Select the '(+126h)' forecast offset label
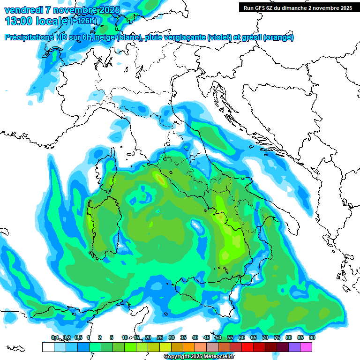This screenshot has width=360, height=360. tap(84, 21)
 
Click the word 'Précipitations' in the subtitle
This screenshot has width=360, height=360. tap(32, 37)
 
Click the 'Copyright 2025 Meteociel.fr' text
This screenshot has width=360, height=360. tap(199, 357)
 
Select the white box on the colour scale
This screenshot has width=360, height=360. tap(48, 347)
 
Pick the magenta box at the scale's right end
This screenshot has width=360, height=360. tap(306, 347)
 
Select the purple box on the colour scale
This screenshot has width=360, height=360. tap(294, 347)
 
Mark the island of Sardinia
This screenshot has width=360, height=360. tap(105, 223)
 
